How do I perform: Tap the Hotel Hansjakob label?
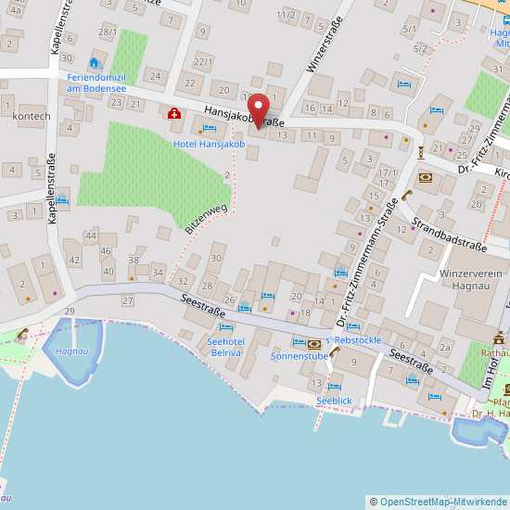tap(210, 145)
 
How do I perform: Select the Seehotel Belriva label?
tap(225, 347)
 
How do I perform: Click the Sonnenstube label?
tap(300, 356)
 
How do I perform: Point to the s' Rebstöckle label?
tap(351, 340)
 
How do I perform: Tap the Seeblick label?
tap(334, 401)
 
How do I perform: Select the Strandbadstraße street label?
tap(449, 234)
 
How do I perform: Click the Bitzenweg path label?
tap(205, 219)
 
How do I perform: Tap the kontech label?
tap(32, 116)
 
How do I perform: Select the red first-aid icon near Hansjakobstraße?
tap(173, 113)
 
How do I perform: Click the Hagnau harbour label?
tap(70, 351)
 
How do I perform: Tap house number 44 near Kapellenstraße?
tap(90, 236)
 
